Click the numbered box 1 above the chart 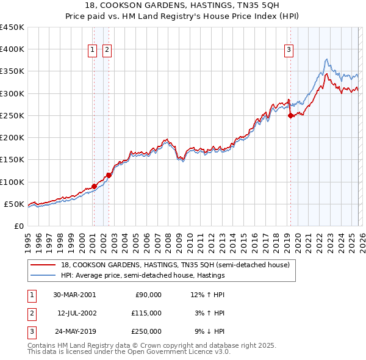[93, 51]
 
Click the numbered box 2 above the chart [107, 51]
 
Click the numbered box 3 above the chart [289, 51]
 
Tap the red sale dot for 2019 [290, 115]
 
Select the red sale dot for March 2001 [94, 186]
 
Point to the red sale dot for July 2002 [108, 175]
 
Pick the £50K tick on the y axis [14, 204]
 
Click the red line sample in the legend [44, 265]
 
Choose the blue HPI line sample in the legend [44, 275]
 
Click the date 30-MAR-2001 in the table [74, 294]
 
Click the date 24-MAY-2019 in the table [74, 332]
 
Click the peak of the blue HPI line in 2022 [327, 59]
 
